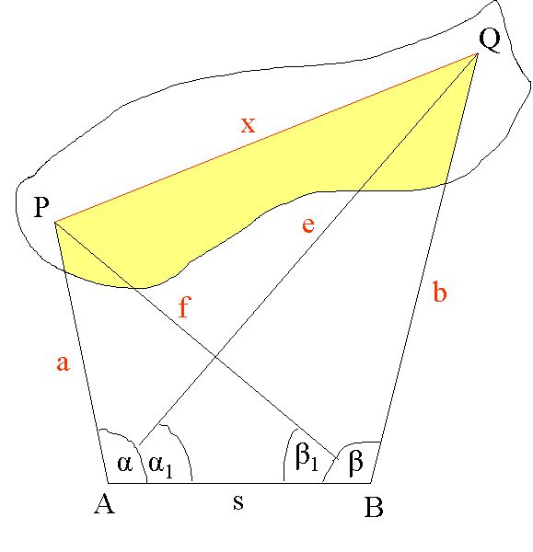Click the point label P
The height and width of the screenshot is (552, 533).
(x=41, y=207)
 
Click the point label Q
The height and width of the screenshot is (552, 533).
(x=490, y=40)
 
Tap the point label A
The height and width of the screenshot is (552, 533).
(x=105, y=503)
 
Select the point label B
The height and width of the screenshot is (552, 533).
(x=374, y=507)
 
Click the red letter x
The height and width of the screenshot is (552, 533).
(x=248, y=125)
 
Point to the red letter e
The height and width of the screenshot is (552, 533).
(x=307, y=225)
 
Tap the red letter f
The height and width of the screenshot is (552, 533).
(x=184, y=306)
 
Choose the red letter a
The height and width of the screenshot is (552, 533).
(x=64, y=362)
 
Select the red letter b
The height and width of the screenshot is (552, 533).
(x=440, y=291)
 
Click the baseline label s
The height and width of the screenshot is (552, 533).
(x=238, y=502)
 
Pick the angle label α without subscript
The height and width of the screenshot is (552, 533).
(x=124, y=464)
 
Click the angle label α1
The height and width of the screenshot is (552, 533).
(x=161, y=466)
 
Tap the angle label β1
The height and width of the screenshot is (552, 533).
(x=307, y=458)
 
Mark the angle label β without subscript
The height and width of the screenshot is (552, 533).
(x=355, y=462)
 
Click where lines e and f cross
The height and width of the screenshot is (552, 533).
(x=215, y=358)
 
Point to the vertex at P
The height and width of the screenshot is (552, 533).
(x=55, y=223)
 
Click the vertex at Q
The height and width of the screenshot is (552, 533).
(x=478, y=53)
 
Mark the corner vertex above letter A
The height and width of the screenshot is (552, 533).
(x=108, y=483)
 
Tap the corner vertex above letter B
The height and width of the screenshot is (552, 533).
(x=371, y=483)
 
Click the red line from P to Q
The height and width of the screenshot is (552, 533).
(x=266, y=138)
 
